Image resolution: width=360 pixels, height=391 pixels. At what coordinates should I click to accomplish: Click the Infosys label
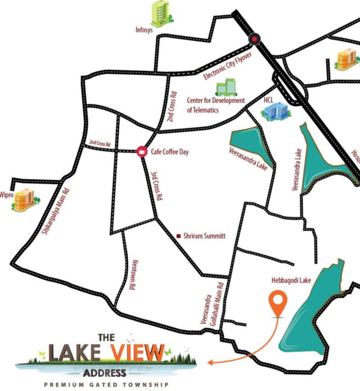(x=144, y=30)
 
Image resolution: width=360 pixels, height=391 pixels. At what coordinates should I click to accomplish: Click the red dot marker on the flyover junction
(x=254, y=39)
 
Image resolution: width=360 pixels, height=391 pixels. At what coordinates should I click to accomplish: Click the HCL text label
(x=269, y=100)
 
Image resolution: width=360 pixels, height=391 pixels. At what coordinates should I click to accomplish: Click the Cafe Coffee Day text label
(x=170, y=151)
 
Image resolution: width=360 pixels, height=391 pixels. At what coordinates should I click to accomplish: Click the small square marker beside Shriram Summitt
(x=178, y=236)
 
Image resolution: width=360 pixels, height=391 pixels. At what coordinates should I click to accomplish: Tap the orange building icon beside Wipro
(x=24, y=199)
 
